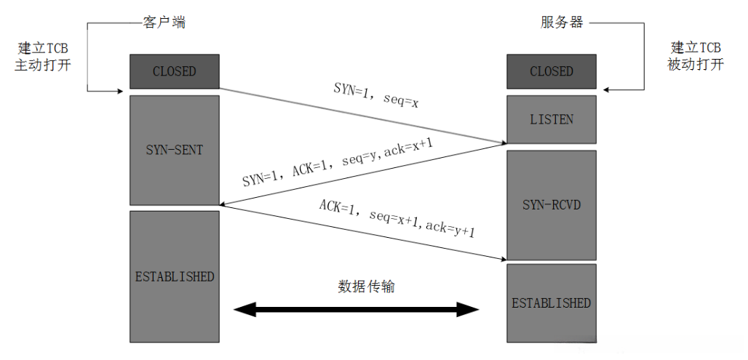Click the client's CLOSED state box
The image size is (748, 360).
tap(174, 71)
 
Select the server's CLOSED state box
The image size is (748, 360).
tap(551, 71)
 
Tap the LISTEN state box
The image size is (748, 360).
tap(551, 119)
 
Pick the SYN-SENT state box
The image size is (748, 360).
tap(174, 150)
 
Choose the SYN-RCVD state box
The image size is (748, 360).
tap(551, 204)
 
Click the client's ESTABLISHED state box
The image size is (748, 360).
tap(174, 276)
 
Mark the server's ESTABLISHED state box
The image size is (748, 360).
tap(551, 303)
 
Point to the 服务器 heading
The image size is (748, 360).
tap(561, 23)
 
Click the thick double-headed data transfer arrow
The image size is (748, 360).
tap(357, 311)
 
